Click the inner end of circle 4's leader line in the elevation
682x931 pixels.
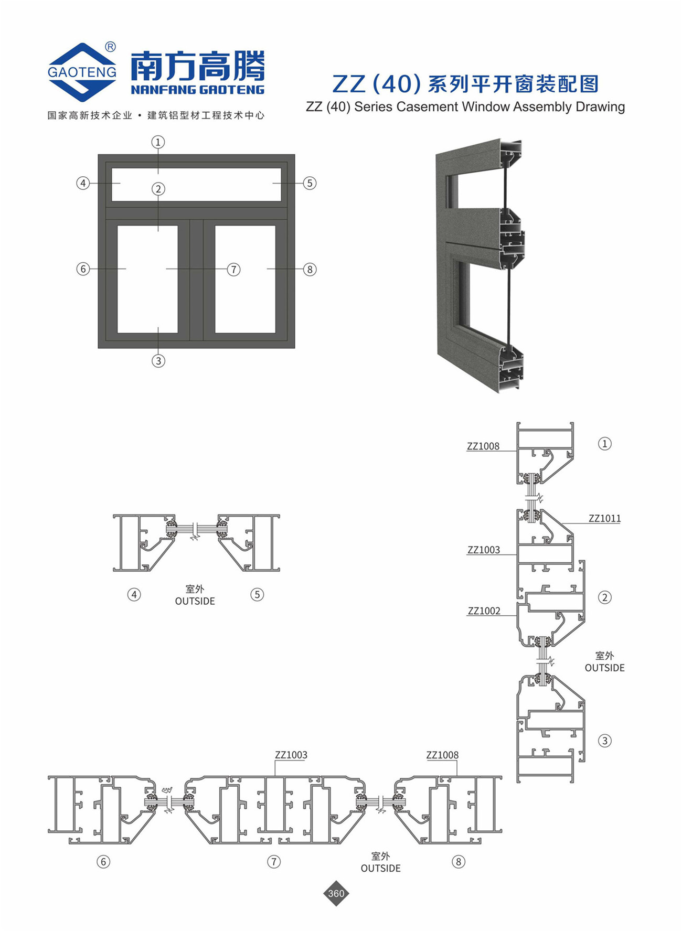click(121, 183)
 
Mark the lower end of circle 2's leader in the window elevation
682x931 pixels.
click(158, 231)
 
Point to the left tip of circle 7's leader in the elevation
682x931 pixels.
click(166, 269)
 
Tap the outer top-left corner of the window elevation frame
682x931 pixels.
click(98, 155)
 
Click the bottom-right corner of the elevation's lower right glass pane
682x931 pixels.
click(275, 333)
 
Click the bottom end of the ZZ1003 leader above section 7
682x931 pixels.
click(275, 776)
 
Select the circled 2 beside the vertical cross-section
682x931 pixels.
click(604, 597)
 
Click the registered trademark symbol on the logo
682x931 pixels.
click(110, 47)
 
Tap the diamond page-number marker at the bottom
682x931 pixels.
click(336, 893)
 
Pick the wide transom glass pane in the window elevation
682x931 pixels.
click(197, 184)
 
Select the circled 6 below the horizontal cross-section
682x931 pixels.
click(103, 862)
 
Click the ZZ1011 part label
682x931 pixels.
click(604, 518)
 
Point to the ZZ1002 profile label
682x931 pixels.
click(484, 611)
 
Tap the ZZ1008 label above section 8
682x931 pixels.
click(442, 755)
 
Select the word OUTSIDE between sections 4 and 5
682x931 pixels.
click(195, 601)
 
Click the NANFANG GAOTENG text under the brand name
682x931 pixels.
click(198, 90)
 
